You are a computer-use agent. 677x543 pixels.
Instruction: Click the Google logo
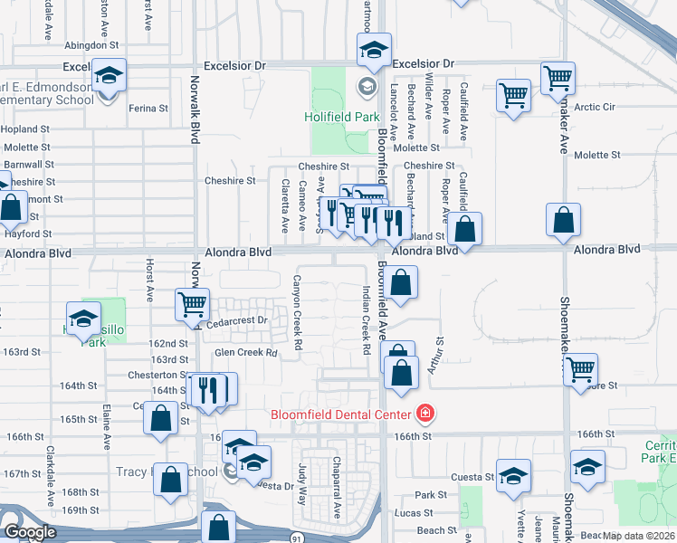tap(31, 532)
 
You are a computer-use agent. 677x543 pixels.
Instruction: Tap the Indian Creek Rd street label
tap(366, 319)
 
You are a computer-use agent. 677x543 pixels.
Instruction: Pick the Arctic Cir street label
tap(594, 107)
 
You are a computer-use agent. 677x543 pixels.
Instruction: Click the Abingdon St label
tap(91, 43)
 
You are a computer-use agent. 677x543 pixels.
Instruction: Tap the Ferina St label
tap(148, 109)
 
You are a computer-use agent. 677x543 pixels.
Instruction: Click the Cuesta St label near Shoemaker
tap(476, 477)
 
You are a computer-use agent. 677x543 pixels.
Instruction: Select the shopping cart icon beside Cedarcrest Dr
tap(191, 305)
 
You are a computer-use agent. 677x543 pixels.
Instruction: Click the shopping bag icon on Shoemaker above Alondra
tap(563, 220)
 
